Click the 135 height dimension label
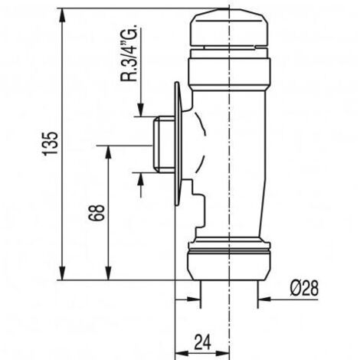pyautogui.click(x=50, y=144)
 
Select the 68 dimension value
pyautogui.click(x=97, y=213)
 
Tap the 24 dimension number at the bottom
pyautogui.click(x=203, y=342)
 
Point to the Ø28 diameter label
pyautogui.click(x=305, y=288)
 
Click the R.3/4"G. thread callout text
pyautogui.click(x=129, y=53)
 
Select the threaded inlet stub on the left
pyautogui.click(x=164, y=144)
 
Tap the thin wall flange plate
pyautogui.click(x=178, y=143)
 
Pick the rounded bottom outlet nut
pyautogui.click(x=229, y=266)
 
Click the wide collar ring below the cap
pyautogui.click(x=229, y=71)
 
